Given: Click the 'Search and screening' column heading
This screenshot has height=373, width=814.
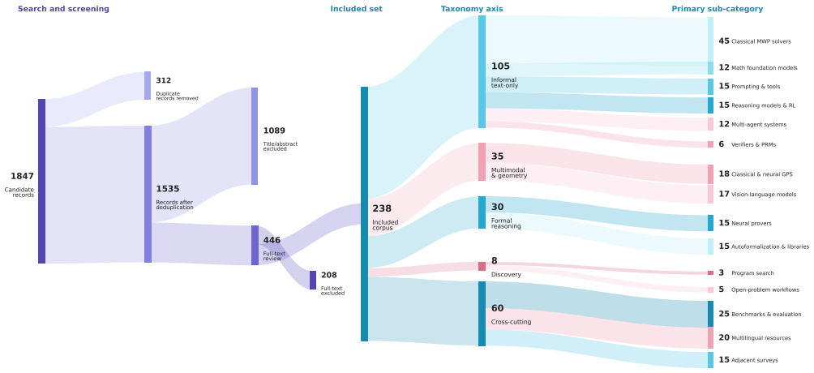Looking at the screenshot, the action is tap(63, 9).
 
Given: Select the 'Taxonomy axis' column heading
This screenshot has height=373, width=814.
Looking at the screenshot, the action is tap(471, 9).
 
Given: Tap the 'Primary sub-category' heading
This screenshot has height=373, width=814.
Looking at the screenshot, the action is tap(717, 9).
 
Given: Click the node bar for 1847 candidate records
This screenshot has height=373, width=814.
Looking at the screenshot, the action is tap(41, 182).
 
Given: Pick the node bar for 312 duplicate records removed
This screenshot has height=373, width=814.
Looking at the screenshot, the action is tap(148, 86).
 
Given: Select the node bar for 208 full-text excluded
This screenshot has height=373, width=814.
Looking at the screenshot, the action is tap(312, 280).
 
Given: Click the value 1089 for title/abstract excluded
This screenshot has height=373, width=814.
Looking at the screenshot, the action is tap(274, 131).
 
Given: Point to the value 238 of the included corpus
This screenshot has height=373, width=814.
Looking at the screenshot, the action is tap(382, 208).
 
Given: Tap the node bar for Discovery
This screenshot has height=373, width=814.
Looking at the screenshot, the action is tap(482, 267).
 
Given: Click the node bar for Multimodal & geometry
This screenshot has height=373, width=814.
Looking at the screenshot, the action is tap(482, 162).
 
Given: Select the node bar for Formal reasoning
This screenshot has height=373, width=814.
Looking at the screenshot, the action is tap(482, 212).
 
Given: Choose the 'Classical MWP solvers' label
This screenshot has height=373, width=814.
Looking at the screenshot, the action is tap(761, 41).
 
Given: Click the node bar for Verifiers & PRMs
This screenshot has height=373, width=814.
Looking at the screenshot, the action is tap(710, 144).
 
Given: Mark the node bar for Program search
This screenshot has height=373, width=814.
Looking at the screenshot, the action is tap(710, 272).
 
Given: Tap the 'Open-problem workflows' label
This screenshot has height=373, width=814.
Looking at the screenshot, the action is tap(765, 289).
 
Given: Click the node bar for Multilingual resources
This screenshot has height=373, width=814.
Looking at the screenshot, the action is tap(710, 337).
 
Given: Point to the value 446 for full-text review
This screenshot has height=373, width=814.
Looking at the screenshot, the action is tap(272, 240).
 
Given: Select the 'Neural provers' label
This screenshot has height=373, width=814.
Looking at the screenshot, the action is tap(752, 223).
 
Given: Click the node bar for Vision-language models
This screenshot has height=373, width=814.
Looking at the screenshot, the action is tap(710, 195).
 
